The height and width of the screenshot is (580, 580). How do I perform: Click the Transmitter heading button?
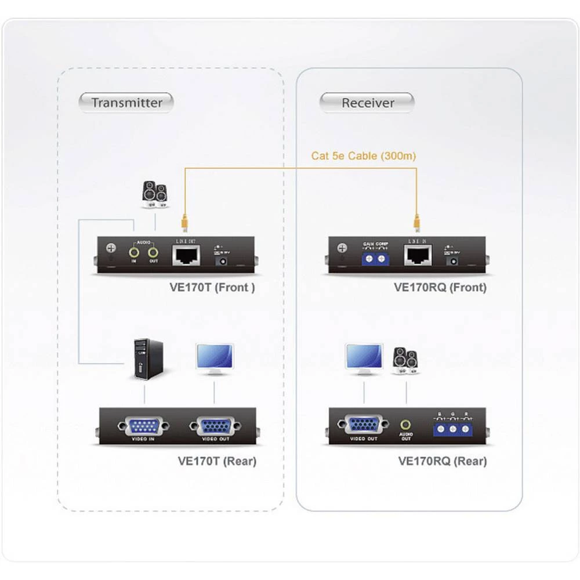click(x=126, y=103)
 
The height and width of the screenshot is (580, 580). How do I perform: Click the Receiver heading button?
click(x=367, y=103)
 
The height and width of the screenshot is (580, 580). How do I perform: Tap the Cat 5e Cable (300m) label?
click(x=363, y=155)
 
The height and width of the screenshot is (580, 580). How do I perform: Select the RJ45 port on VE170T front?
click(x=186, y=255)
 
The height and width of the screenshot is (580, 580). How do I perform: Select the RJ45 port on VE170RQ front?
click(x=418, y=255)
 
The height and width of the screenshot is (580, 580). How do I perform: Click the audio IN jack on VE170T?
click(x=135, y=252)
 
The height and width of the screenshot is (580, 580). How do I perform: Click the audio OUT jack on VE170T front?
click(x=153, y=252)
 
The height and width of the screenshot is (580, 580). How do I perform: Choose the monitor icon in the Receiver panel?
click(x=364, y=358)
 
